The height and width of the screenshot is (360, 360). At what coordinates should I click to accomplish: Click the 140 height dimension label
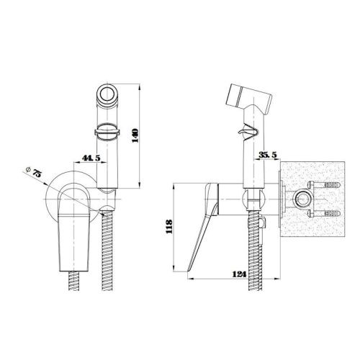(x=135, y=135)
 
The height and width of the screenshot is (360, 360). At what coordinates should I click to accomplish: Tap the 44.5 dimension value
(x=91, y=158)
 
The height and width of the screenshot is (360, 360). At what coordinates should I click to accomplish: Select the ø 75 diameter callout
(x=34, y=171)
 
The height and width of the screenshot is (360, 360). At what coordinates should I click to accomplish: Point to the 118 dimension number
(x=169, y=227)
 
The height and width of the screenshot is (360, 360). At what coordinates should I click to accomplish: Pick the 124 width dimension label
(x=239, y=274)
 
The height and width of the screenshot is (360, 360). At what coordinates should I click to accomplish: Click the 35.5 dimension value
(x=268, y=155)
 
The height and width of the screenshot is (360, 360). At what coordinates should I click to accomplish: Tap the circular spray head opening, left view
(x=107, y=94)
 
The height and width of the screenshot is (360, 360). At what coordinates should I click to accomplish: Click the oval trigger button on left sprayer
(x=107, y=131)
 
